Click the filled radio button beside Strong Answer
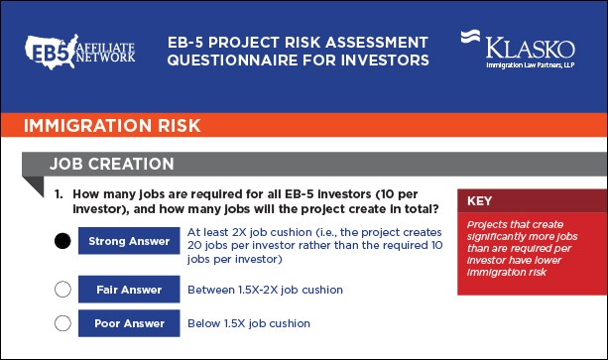(x=62, y=241)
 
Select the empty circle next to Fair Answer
(x=62, y=290)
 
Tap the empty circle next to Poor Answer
(x=62, y=322)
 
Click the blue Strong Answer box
(x=128, y=241)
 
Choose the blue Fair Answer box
(x=128, y=290)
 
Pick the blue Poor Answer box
(x=128, y=323)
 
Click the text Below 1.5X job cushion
(x=249, y=323)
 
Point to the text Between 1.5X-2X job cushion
(x=265, y=290)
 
